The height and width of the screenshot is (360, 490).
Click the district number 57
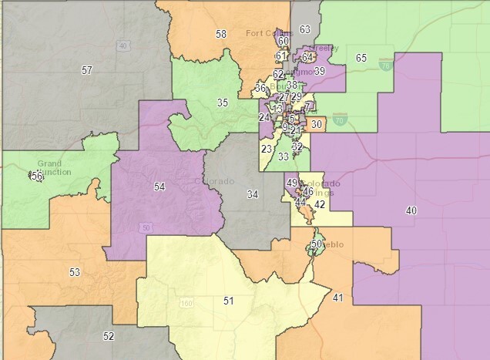87,70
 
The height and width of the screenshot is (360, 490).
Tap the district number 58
221,34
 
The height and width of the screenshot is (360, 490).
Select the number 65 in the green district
361,58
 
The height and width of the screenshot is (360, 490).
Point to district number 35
223,103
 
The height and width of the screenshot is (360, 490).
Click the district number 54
159,187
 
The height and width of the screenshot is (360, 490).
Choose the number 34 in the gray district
252,193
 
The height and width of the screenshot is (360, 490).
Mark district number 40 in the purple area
411,210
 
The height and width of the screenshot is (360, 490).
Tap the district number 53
75,272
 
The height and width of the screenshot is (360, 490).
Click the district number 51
228,300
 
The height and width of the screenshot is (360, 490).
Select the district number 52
109,335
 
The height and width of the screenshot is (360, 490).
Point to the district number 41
338,297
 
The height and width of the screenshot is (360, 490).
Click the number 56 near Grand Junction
35,176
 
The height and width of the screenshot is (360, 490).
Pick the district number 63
305,29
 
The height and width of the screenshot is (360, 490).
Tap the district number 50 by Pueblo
316,244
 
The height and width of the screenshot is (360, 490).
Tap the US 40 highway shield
123,45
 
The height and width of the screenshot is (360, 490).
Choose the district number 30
316,124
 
